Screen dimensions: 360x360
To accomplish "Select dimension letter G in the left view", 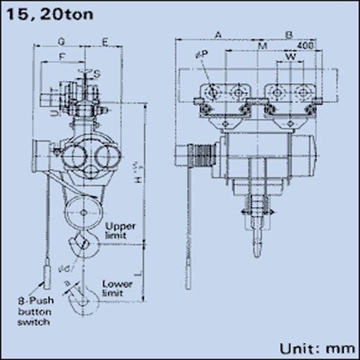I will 63,41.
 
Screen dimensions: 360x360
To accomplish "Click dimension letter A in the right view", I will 218,33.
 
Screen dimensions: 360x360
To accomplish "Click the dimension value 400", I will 305,45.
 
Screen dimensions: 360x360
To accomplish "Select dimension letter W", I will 290,54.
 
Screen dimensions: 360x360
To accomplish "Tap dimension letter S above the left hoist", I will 96,72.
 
